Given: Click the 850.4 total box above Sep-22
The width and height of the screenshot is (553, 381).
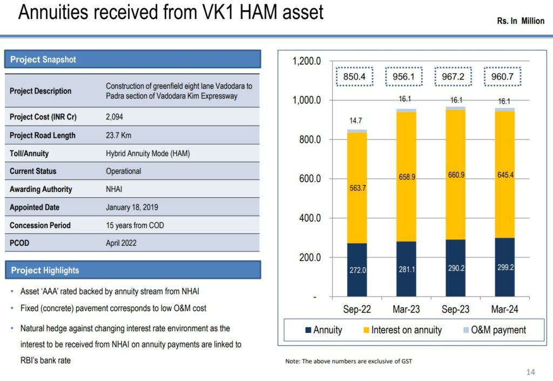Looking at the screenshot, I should point(354,77).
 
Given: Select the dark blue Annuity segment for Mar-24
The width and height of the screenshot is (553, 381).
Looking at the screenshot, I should point(505,268).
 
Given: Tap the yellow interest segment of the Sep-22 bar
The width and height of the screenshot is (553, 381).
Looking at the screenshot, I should point(357,188).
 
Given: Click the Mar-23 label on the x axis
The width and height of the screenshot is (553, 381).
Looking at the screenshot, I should point(407,310).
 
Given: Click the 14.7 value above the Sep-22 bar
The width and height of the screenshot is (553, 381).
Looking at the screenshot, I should point(355,121).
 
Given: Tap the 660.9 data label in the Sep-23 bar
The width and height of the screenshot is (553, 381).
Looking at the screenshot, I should point(456,175).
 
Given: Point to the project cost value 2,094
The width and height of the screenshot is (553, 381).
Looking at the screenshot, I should point(114,117).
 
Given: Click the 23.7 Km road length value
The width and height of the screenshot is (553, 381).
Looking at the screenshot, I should point(118,135).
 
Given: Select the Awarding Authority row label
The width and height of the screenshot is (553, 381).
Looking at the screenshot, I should point(41,189).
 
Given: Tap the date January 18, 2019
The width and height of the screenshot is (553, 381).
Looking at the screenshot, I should point(132,207).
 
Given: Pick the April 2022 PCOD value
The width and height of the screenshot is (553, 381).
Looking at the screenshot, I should point(121,243).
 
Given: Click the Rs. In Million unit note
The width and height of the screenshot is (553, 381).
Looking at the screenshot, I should point(521,21).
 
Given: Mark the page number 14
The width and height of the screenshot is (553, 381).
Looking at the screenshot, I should point(530,372).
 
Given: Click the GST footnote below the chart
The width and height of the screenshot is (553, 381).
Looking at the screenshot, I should point(348,361).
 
